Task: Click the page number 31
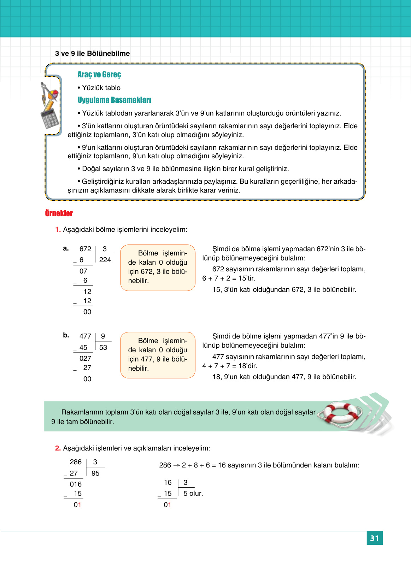374,538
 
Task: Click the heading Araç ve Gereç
99,75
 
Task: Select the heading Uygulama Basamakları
114,100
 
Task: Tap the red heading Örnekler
59,213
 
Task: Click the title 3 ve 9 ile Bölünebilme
92,53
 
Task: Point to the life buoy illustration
340,413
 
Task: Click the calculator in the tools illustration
50,118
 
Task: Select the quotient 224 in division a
105,260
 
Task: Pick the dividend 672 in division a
85,249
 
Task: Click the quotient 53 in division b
103,347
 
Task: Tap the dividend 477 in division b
85,336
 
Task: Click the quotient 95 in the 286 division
95,473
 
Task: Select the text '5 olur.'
193,493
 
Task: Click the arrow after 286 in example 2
177,465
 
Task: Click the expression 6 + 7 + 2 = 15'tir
229,278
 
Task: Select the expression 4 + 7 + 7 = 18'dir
230,366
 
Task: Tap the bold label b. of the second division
66,335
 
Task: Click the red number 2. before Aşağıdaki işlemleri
58,448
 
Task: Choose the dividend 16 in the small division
168,482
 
